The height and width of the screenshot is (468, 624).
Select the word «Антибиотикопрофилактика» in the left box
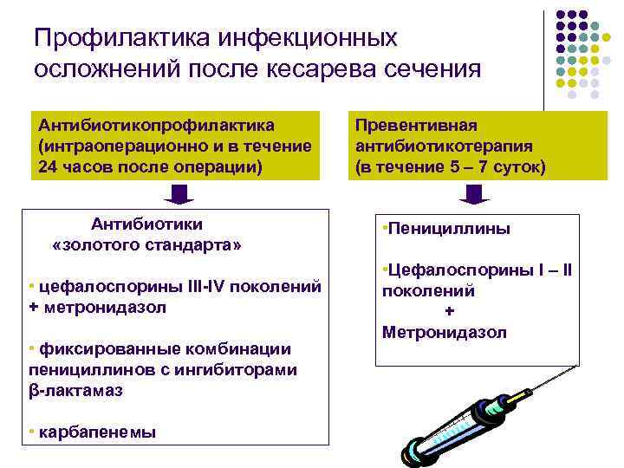tap(156, 126)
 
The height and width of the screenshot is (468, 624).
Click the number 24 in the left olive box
tap(49, 166)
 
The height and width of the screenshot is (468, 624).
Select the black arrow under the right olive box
tap(474, 194)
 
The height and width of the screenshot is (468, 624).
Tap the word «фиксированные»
tap(92, 348)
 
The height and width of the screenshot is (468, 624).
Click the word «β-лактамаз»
tap(75, 391)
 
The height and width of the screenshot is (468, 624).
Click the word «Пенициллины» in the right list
tap(449, 230)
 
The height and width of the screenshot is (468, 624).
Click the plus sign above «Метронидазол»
tap(449, 312)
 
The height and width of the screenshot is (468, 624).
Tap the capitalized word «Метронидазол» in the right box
tap(444, 332)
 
